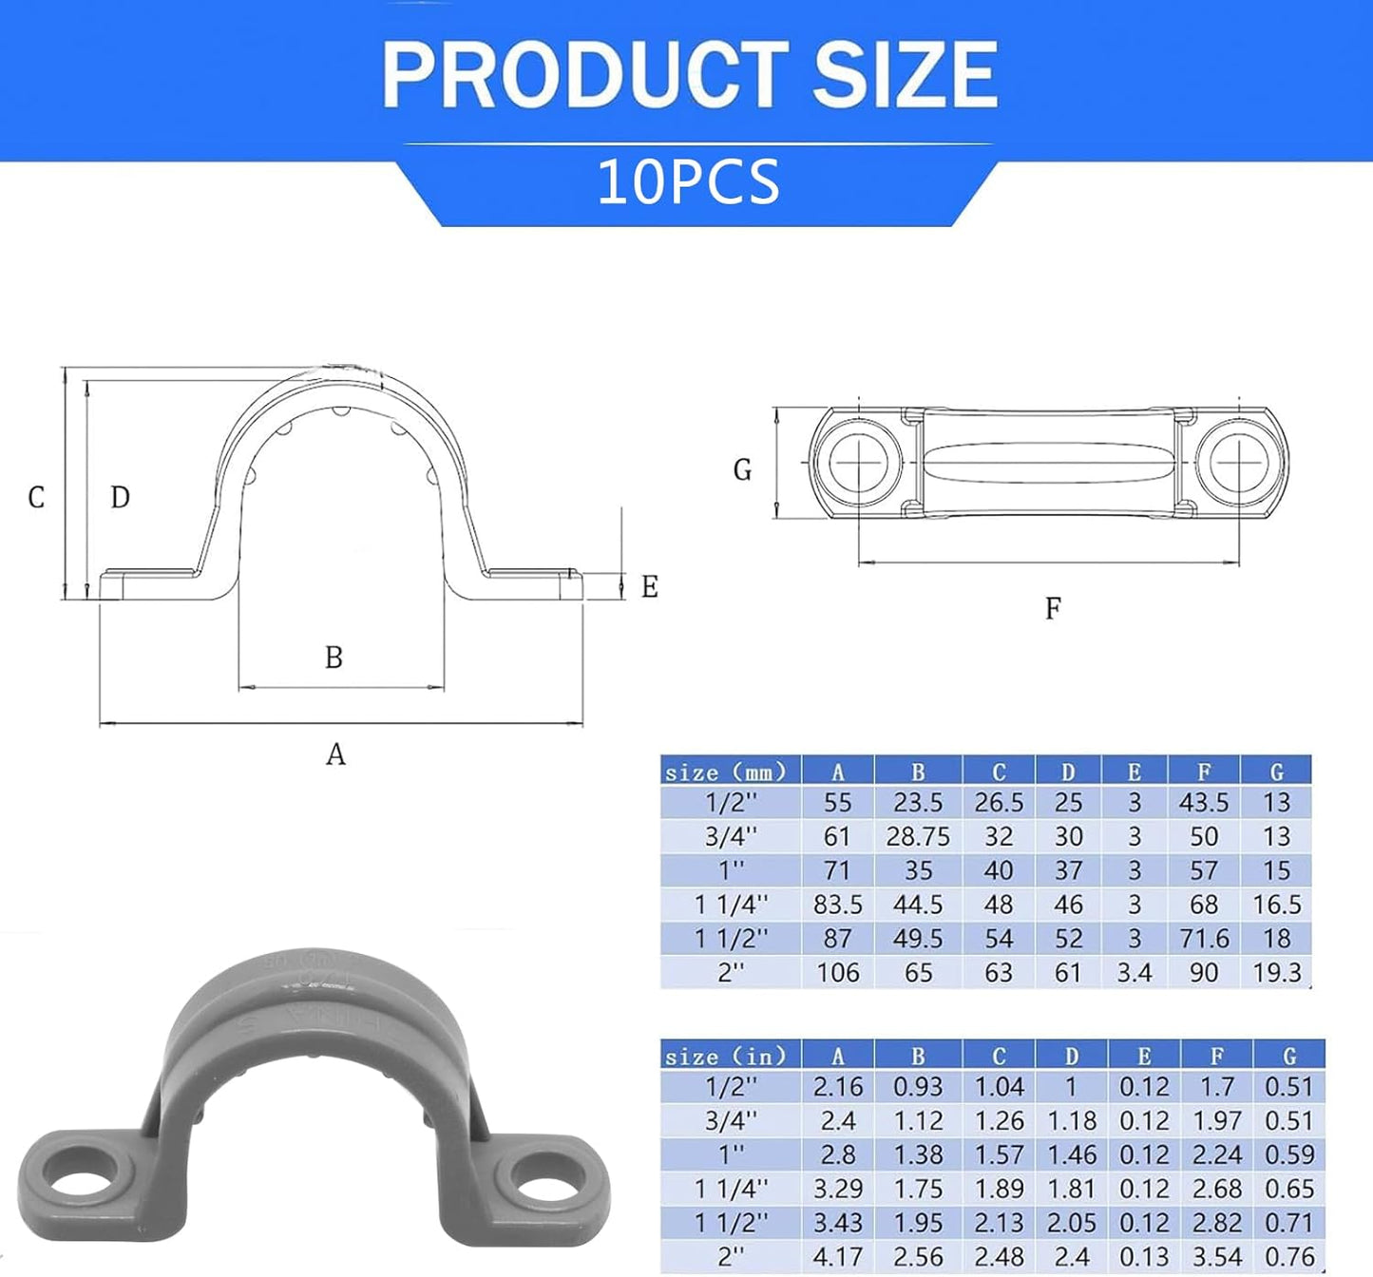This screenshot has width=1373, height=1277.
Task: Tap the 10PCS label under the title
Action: pyautogui.click(x=689, y=181)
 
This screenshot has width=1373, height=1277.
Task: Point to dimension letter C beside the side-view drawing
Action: pyautogui.click(x=36, y=497)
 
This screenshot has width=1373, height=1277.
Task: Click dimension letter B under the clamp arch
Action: pyautogui.click(x=334, y=657)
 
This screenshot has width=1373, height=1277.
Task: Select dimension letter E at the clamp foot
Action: pyautogui.click(x=649, y=586)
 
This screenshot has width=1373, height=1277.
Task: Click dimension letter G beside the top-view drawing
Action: pyautogui.click(x=742, y=469)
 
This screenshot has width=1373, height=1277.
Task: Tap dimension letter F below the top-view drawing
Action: pyautogui.click(x=1052, y=608)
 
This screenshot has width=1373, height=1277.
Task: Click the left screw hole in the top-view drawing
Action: pyautogui.click(x=859, y=461)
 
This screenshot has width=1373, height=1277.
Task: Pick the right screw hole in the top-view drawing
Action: pyautogui.click(x=1238, y=461)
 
